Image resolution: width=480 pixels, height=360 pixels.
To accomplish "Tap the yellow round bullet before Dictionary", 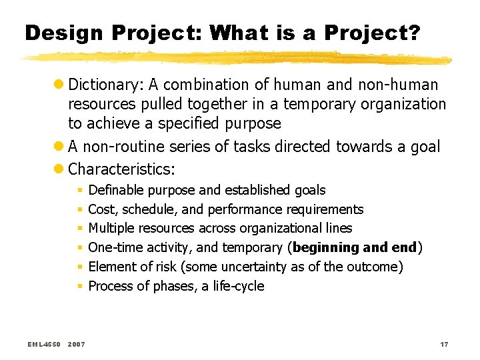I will tap(59, 85).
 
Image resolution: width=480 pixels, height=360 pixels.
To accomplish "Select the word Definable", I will tap(117, 191).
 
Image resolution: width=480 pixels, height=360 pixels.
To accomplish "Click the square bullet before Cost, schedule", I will tap(79, 210).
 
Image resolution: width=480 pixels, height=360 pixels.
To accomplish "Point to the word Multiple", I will tap(112, 229).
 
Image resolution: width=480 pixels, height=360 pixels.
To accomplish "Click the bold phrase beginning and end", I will tap(355, 248).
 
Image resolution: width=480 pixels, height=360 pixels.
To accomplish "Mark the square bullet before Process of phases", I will tap(79, 287).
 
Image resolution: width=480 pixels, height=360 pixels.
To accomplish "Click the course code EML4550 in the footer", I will tap(45, 344).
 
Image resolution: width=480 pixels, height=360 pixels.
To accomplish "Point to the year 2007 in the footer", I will tap(77, 344).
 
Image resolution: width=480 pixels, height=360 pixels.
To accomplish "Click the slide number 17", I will tap(444, 344).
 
